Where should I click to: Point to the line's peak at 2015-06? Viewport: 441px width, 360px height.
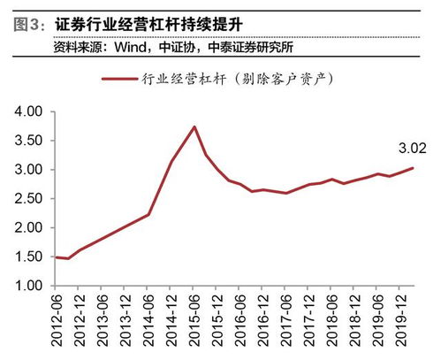(194, 126)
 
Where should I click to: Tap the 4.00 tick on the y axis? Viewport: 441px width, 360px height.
(29, 112)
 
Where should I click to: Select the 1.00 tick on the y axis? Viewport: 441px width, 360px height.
(29, 286)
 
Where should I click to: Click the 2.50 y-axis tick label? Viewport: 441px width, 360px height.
(29, 199)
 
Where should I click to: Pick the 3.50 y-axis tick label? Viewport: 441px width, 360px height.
(29, 142)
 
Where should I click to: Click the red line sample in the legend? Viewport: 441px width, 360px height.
(119, 79)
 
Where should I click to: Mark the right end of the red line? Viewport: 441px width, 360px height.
(412, 168)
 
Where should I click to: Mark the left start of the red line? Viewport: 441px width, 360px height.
(56, 257)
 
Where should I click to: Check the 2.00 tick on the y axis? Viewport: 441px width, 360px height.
(29, 228)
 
